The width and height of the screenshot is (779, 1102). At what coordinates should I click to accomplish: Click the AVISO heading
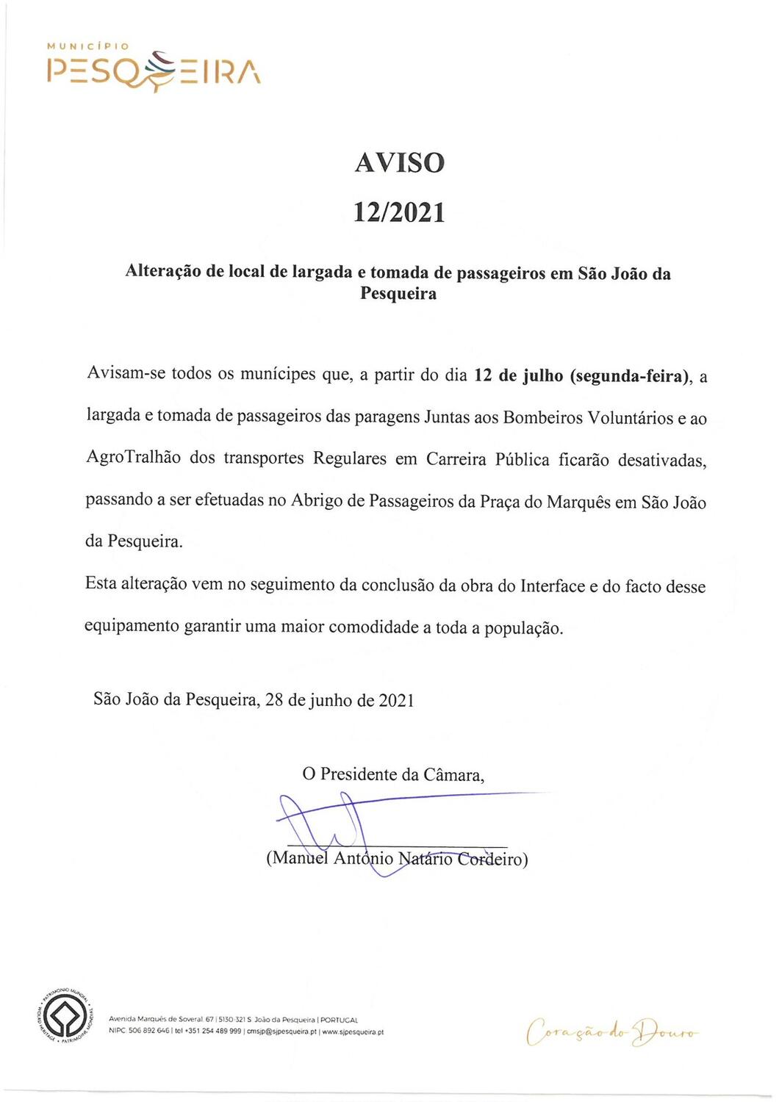pyautogui.click(x=400, y=162)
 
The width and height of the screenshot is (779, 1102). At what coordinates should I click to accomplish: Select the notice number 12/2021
pyautogui.click(x=399, y=213)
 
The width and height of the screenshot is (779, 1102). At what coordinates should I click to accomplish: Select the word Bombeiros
pyautogui.click(x=542, y=418)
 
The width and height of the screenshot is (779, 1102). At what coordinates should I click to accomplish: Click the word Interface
pyautogui.click(x=553, y=586)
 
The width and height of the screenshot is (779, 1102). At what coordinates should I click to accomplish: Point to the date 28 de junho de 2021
pyautogui.click(x=340, y=699)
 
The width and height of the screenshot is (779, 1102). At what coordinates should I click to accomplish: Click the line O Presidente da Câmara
pyautogui.click(x=393, y=774)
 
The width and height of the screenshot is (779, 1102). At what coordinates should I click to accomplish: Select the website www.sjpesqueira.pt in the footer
pyautogui.click(x=353, y=1031)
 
